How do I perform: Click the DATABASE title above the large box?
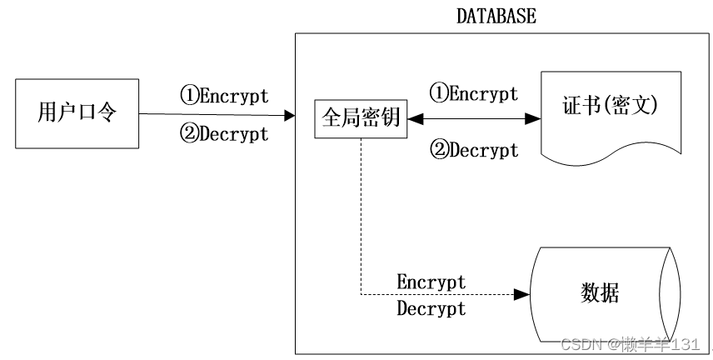[496, 16]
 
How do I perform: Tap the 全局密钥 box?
[361, 119]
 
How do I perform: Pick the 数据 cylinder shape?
[599, 293]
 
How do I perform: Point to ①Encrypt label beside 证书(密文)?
[473, 93]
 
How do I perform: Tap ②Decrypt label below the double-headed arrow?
[473, 150]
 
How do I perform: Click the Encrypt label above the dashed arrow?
[431, 282]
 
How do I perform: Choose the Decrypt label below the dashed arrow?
[431, 309]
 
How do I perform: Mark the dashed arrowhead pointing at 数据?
[523, 295]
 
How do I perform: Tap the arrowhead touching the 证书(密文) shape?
[534, 120]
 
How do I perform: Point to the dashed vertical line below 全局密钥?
[361, 217]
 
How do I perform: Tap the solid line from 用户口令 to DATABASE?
[208, 115]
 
